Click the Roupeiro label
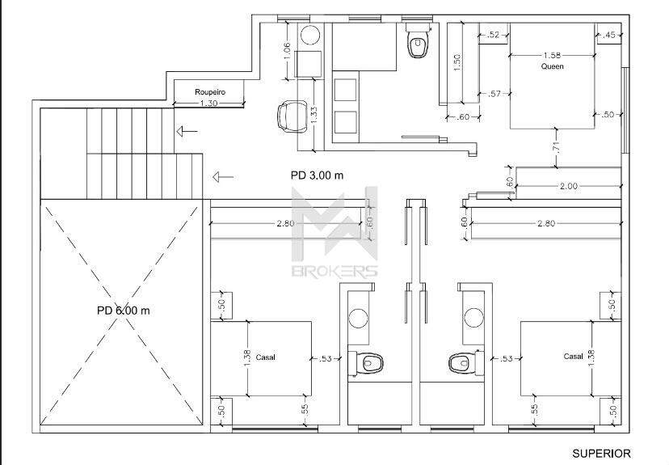click(210, 92)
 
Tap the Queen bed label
click(552, 66)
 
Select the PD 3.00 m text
click(317, 175)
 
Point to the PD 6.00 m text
click(124, 311)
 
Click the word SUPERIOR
click(602, 453)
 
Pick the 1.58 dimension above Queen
click(552, 55)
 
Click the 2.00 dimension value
click(569, 186)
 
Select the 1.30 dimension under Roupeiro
click(208, 103)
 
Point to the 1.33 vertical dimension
click(313, 116)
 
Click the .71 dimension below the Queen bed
click(556, 146)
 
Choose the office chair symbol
click(292, 116)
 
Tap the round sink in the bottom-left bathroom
click(359, 318)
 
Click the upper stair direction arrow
click(187, 131)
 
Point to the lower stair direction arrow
click(223, 176)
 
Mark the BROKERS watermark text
click(334, 271)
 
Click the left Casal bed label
click(265, 357)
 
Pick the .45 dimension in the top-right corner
click(610, 35)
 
